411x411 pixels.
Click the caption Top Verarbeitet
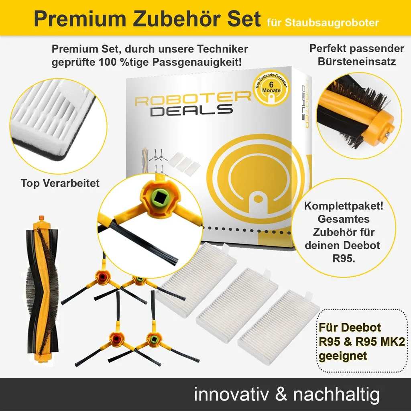coord(60,183)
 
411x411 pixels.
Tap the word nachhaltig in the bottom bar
coord(336,394)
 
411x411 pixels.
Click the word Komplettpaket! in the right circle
coord(344,207)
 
